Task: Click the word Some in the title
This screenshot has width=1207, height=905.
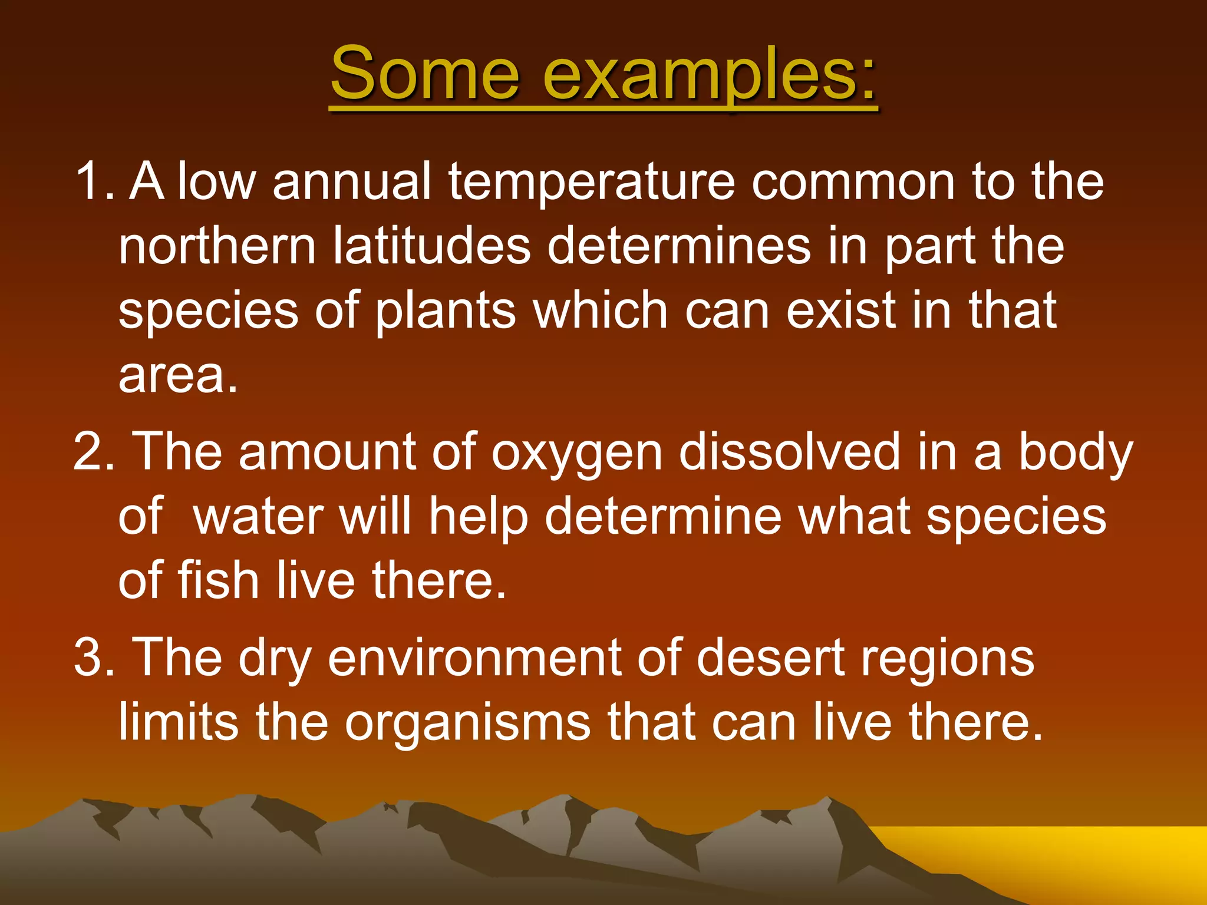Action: [424, 74]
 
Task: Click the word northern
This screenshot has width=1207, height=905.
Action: [217, 246]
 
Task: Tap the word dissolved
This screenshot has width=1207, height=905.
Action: [789, 451]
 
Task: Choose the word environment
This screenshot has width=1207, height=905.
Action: [474, 658]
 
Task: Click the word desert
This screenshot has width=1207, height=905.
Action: [771, 658]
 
